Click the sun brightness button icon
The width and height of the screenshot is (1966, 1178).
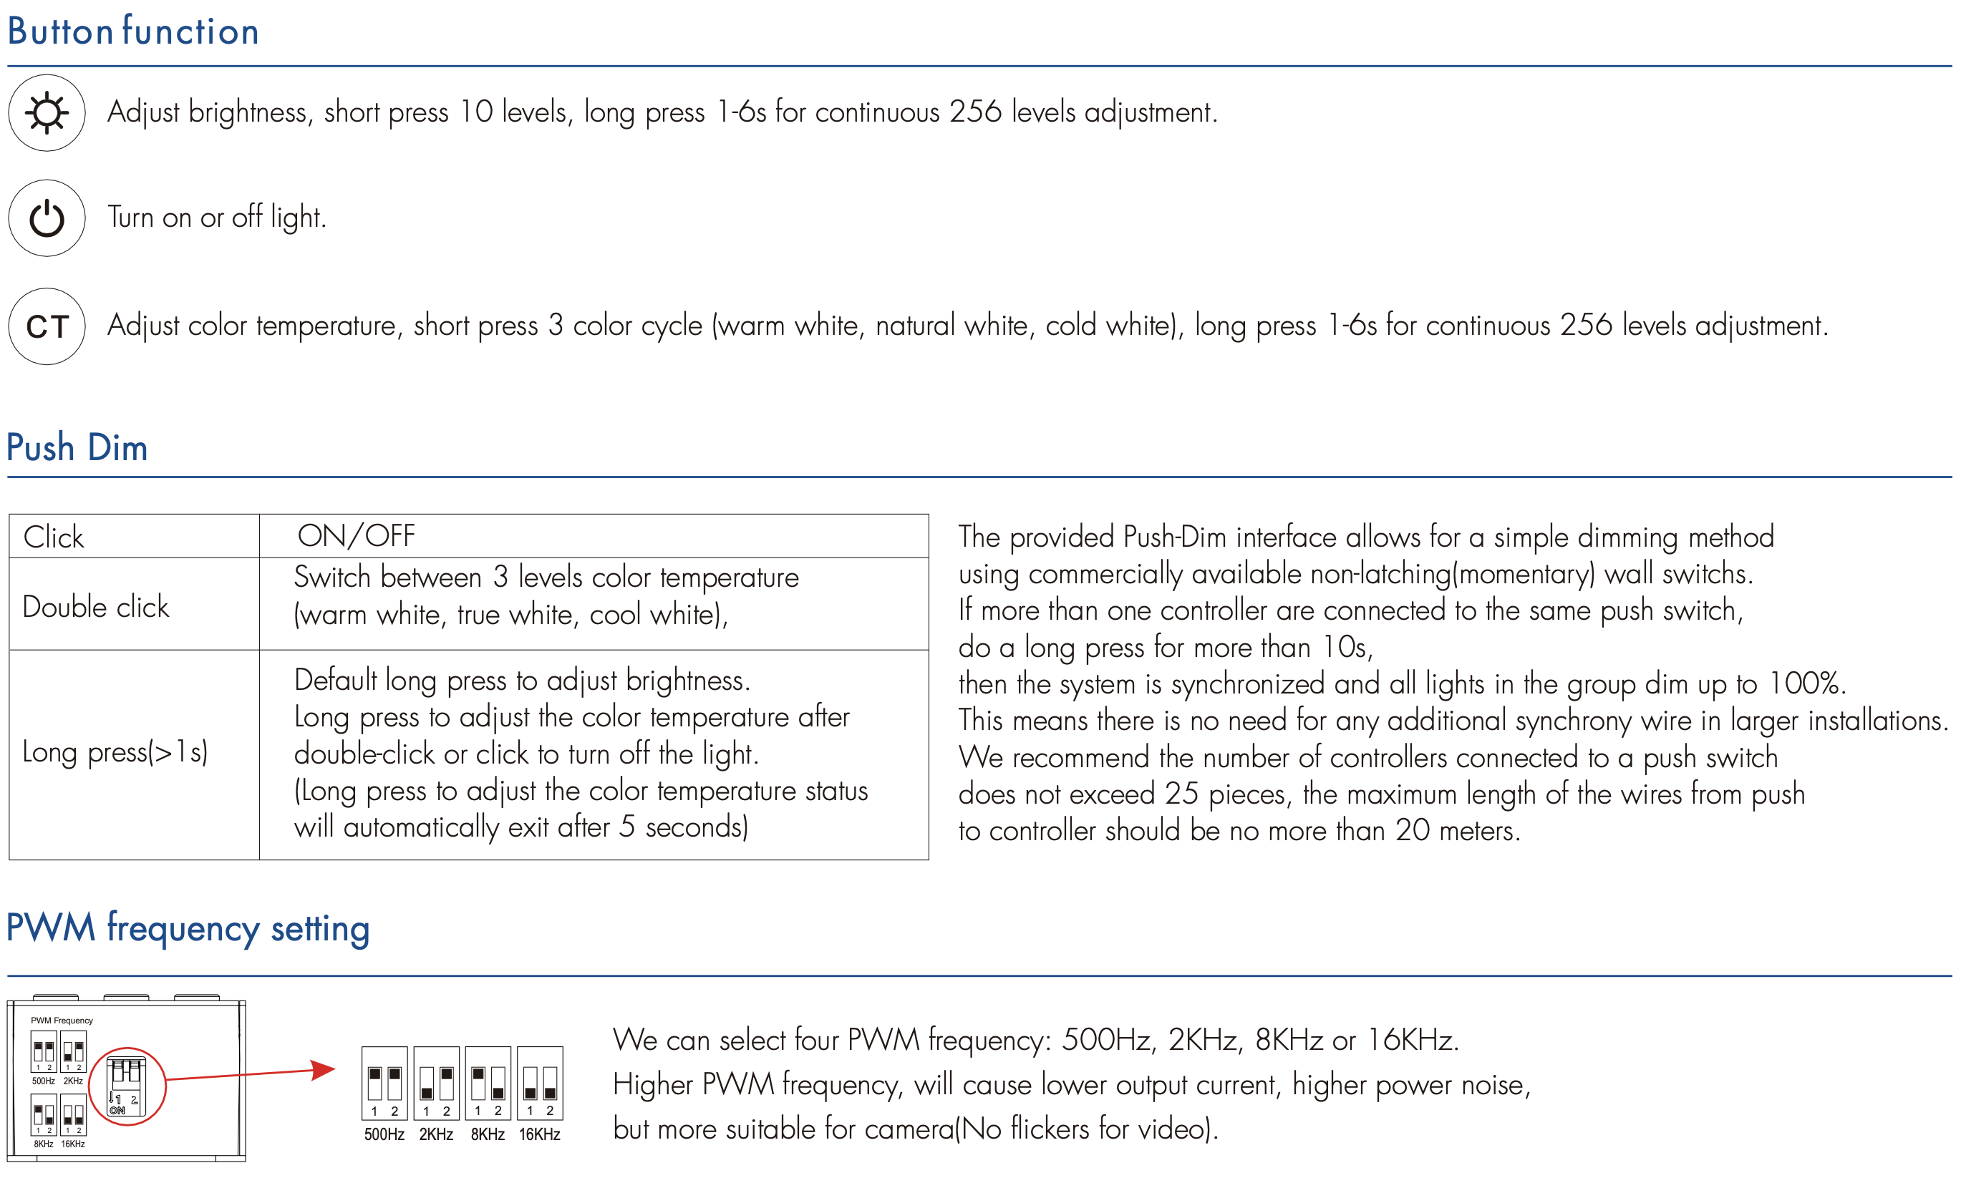click(x=47, y=113)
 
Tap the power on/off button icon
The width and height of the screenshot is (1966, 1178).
click(x=47, y=218)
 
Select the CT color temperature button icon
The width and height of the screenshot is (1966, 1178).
click(x=47, y=326)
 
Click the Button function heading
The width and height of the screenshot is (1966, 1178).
click(x=133, y=31)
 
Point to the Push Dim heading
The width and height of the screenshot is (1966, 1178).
click(x=77, y=448)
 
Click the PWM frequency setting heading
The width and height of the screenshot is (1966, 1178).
click(x=188, y=928)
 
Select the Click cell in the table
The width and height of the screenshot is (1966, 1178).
click(x=54, y=537)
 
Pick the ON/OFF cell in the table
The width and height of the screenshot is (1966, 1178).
click(x=357, y=537)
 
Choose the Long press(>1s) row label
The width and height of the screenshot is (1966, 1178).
click(x=115, y=751)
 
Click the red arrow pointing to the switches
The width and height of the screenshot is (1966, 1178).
click(x=251, y=1074)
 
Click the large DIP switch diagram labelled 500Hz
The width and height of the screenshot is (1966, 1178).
click(x=384, y=1084)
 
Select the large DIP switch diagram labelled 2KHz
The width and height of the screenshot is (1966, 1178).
click(x=437, y=1084)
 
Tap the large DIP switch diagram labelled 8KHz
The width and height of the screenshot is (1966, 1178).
click(x=488, y=1084)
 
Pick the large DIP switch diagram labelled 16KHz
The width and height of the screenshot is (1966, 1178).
click(x=540, y=1084)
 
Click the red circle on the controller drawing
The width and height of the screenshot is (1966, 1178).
click(x=127, y=1086)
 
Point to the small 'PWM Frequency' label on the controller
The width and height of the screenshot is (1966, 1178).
click(x=62, y=1020)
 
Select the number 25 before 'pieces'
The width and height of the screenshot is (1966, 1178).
click(x=1181, y=794)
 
